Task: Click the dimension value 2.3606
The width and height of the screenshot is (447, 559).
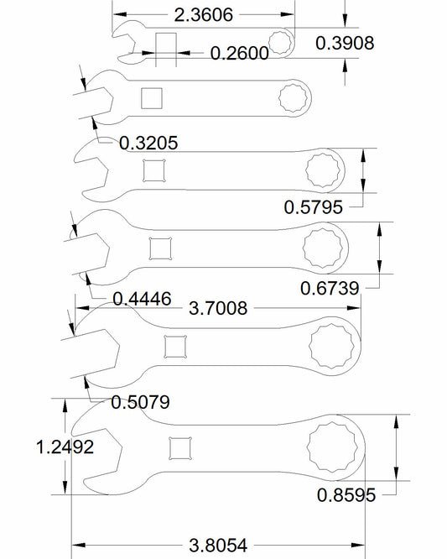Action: click(204, 15)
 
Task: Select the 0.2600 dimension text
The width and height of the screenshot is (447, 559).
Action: click(239, 54)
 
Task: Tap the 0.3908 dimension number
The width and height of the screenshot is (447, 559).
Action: click(345, 43)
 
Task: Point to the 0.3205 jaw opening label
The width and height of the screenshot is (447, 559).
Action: click(148, 144)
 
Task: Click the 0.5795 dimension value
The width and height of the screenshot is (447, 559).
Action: click(314, 207)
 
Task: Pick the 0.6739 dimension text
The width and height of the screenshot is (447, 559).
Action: click(330, 289)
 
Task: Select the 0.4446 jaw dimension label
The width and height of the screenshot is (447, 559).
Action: click(142, 299)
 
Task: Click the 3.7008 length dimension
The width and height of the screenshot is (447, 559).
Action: click(218, 308)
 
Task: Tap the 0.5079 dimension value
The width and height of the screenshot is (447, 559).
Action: click(140, 403)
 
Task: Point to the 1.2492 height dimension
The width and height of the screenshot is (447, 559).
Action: click(65, 447)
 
